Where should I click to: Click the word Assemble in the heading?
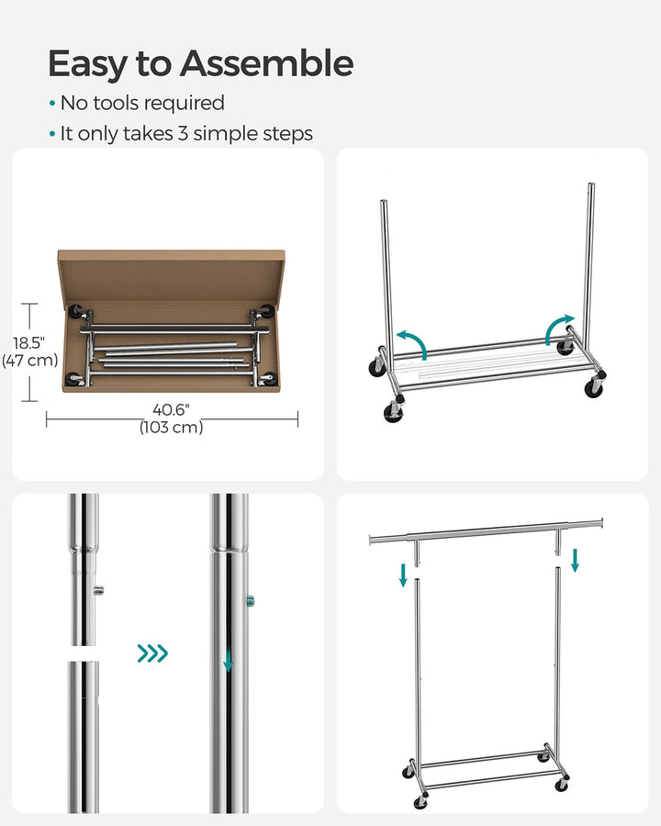click(x=266, y=63)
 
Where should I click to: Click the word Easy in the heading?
click(x=88, y=64)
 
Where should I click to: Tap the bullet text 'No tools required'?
click(x=142, y=104)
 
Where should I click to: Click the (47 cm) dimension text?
click(x=29, y=360)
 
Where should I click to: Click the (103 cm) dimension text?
click(x=171, y=428)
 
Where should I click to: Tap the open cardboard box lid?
click(x=172, y=274)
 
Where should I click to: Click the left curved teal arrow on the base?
click(x=412, y=343)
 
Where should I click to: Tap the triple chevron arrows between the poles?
click(x=152, y=653)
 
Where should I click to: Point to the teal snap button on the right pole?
click(x=251, y=601)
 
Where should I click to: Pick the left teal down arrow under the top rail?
click(x=403, y=575)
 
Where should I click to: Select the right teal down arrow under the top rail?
click(x=575, y=560)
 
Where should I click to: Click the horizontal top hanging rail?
click(x=486, y=530)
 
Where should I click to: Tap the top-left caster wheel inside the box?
click(x=73, y=311)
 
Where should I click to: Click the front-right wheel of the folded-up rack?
click(x=593, y=387)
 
